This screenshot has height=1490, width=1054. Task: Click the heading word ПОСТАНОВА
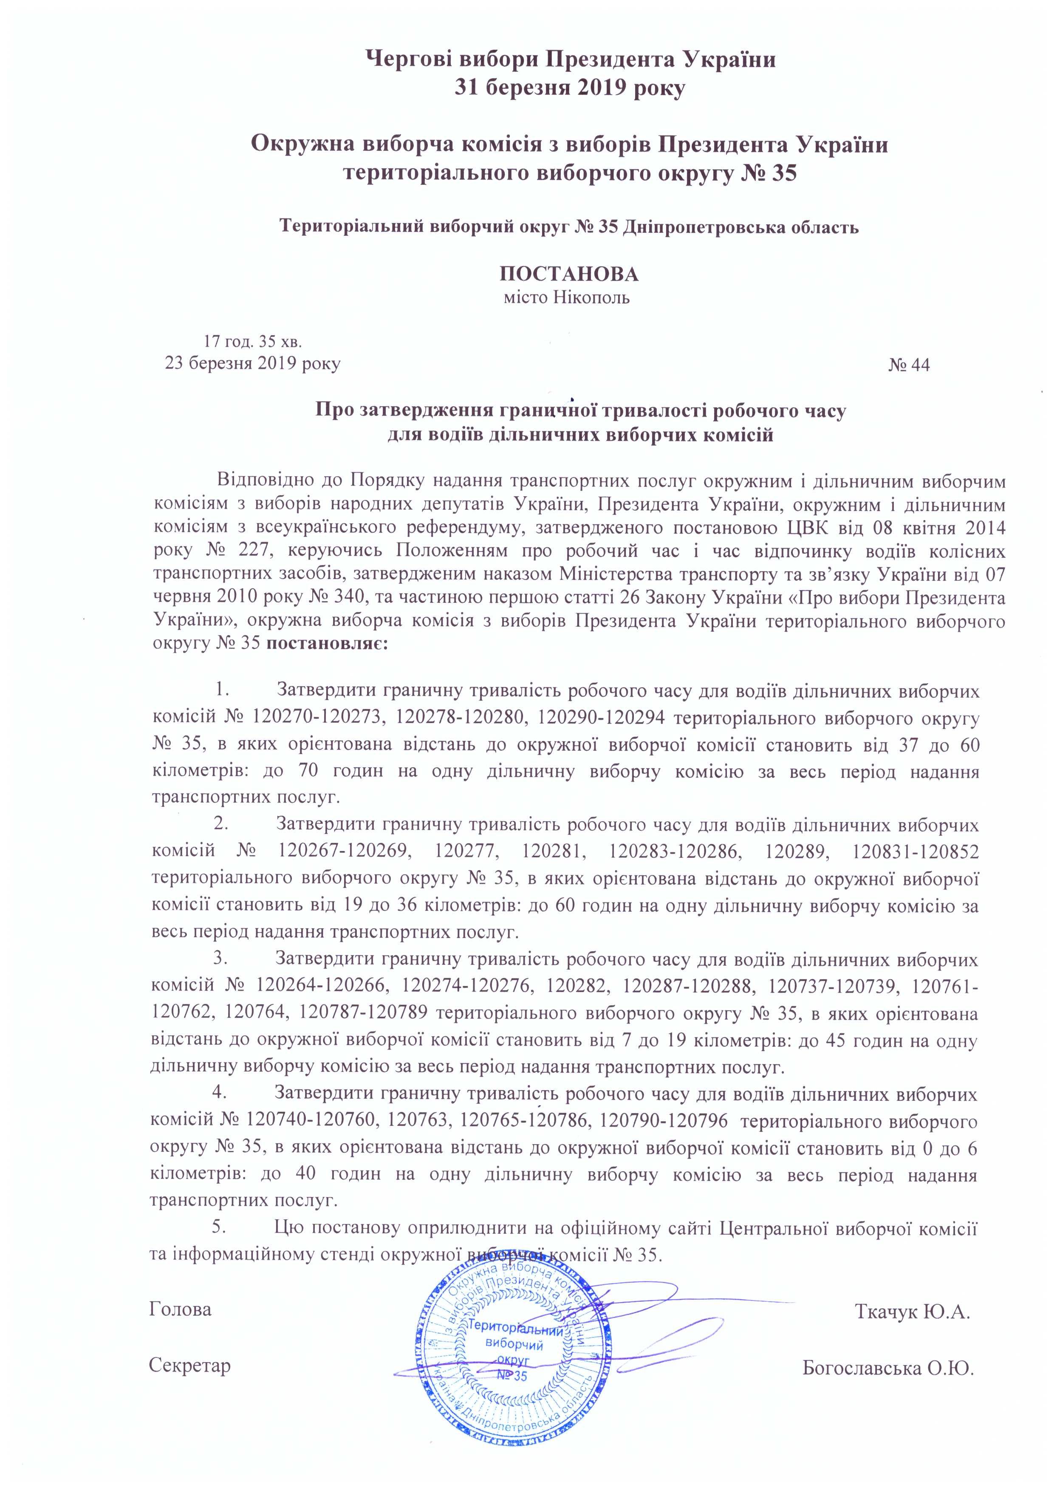click(x=568, y=274)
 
